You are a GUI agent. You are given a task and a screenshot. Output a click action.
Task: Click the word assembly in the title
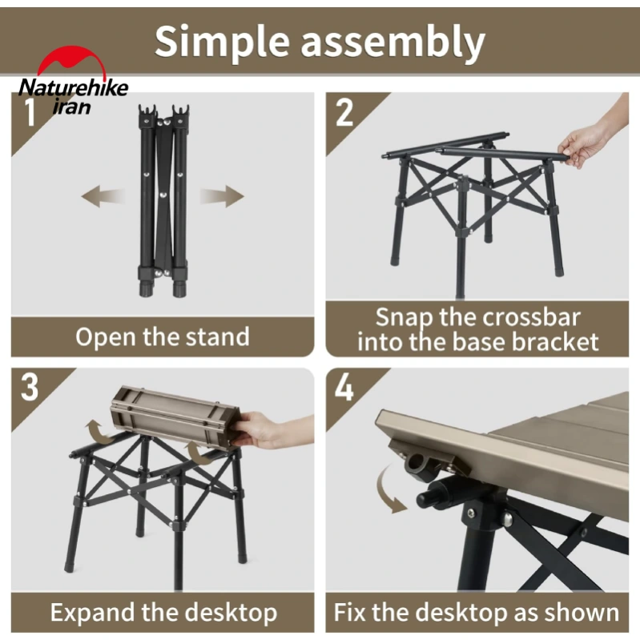pyautogui.click(x=392, y=42)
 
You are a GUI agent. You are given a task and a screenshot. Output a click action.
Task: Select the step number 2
pyautogui.click(x=344, y=112)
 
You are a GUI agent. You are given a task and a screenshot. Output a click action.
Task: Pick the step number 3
pyautogui.click(x=30, y=387)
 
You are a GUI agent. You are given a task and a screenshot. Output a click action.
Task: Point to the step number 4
pyautogui.click(x=344, y=387)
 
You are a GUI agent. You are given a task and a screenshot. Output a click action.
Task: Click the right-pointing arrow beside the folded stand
pyautogui.click(x=222, y=196)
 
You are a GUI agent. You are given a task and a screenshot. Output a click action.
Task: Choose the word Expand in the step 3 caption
pyautogui.click(x=94, y=613)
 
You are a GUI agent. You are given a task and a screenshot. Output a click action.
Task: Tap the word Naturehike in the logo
pyautogui.click(x=74, y=87)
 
